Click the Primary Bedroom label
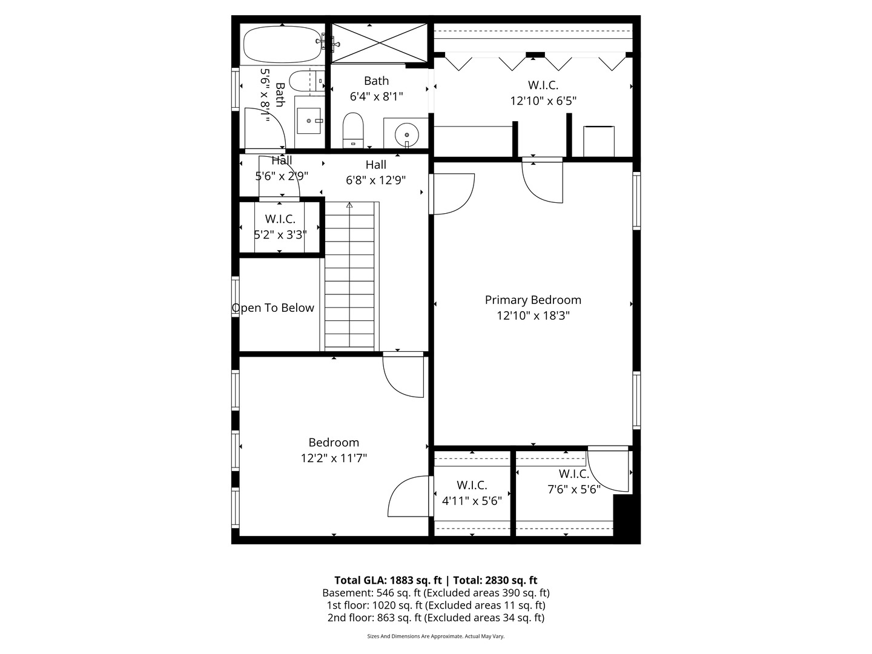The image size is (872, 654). pyautogui.click(x=533, y=300)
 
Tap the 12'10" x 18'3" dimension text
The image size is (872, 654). pyautogui.click(x=533, y=315)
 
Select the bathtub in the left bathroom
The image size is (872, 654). pyautogui.click(x=282, y=45)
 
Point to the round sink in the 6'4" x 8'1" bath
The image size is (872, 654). pyautogui.click(x=406, y=133)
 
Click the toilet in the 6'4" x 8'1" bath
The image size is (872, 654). pyautogui.click(x=352, y=129)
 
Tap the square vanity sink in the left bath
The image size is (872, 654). pyautogui.click(x=309, y=121)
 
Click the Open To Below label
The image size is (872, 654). pyautogui.click(x=273, y=308)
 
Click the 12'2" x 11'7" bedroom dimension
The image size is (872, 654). pyautogui.click(x=334, y=458)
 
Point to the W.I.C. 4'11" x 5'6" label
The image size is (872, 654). pyautogui.click(x=472, y=493)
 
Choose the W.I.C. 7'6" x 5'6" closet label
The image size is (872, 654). pyautogui.click(x=573, y=481)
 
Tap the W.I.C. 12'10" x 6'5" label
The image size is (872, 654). pyautogui.click(x=543, y=93)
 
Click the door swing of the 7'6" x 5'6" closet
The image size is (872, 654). pyautogui.click(x=609, y=470)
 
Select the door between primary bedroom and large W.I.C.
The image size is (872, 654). pyautogui.click(x=543, y=180)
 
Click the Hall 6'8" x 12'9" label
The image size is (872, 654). pyautogui.click(x=375, y=172)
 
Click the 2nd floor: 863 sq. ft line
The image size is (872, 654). pyautogui.click(x=436, y=618)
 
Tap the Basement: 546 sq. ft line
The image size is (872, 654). pyautogui.click(x=436, y=593)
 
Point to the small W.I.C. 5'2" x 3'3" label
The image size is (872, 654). pyautogui.click(x=280, y=226)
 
